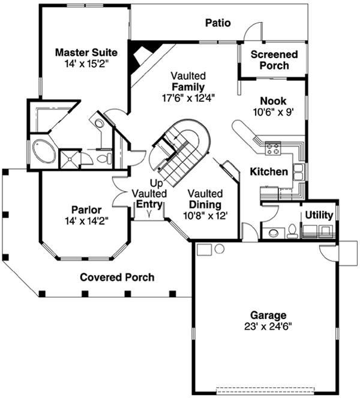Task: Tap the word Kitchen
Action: point(268,172)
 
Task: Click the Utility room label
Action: point(319,215)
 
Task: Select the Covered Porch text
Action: point(117,278)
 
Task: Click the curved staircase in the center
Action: point(180,150)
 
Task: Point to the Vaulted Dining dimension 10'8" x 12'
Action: point(205,215)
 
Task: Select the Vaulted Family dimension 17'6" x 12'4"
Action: point(188,97)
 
